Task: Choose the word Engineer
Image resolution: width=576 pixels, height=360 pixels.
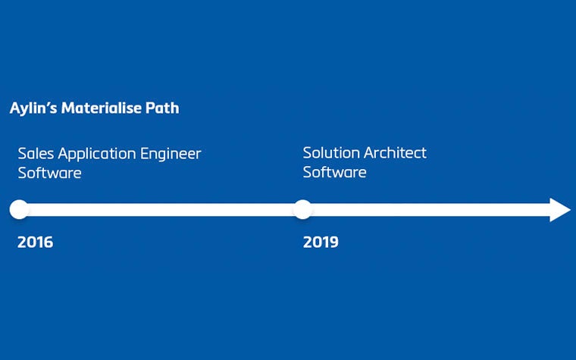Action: [x=171, y=155]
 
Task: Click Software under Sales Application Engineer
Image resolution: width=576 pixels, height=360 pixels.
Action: [x=49, y=174]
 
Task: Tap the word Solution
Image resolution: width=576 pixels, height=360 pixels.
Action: [x=331, y=153]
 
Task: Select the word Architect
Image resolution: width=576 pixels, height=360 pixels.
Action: [x=395, y=153]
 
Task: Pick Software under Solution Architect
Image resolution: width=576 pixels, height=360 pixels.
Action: [x=334, y=173]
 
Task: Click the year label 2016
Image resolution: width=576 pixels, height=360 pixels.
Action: [x=35, y=243]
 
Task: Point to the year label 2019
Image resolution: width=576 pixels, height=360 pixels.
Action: [x=321, y=243]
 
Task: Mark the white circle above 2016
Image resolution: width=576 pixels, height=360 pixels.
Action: [x=19, y=210]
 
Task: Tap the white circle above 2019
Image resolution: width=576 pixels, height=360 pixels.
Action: [x=302, y=210]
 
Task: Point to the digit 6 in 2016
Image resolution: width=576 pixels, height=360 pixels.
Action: [x=49, y=243]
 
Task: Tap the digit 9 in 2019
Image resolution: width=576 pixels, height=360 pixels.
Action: [x=333, y=243]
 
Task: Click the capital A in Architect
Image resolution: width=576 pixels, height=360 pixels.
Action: [x=368, y=153]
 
